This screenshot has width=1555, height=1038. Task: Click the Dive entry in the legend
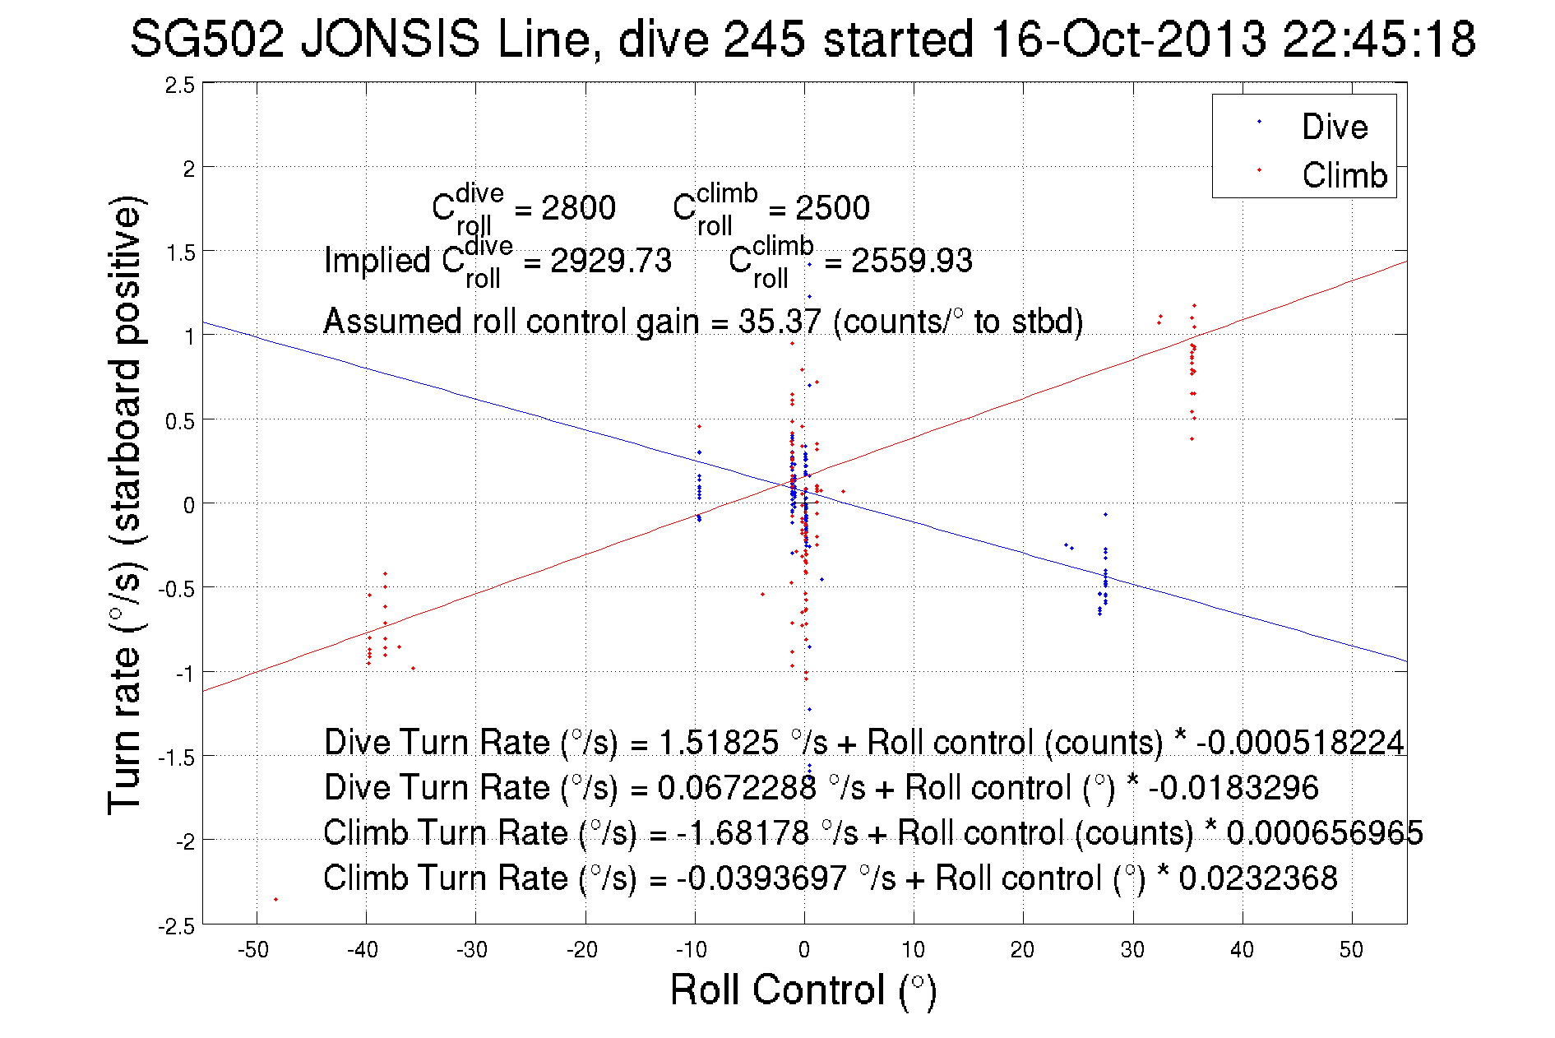point(1333,127)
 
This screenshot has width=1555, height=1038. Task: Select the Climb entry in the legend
point(1344,175)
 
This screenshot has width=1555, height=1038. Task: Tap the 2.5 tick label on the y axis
point(180,86)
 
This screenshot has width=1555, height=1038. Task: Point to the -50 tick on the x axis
point(253,950)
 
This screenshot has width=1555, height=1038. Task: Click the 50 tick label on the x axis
point(1351,950)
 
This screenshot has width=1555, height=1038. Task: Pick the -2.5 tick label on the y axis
point(178,927)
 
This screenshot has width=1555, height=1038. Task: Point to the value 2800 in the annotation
point(578,208)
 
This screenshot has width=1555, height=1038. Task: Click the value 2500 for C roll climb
point(832,208)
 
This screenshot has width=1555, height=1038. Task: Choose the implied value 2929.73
point(610,261)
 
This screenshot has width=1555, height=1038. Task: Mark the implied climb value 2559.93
point(911,261)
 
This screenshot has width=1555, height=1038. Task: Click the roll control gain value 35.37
point(779,322)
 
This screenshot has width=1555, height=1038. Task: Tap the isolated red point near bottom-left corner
point(275,899)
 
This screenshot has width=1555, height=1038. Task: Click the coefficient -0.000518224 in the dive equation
point(1300,743)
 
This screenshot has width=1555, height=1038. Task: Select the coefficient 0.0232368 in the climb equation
point(1258,878)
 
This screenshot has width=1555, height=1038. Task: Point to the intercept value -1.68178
point(743,833)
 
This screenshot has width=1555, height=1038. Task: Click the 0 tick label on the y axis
point(189,505)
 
